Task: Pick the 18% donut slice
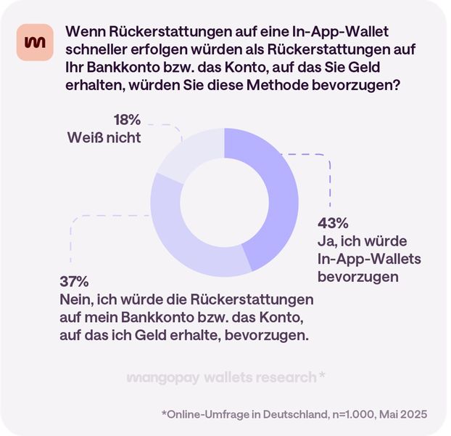pyautogui.click(x=181, y=156)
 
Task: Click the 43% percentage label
pyautogui.click(x=332, y=223)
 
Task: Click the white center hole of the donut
pyautogui.click(x=225, y=201)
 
